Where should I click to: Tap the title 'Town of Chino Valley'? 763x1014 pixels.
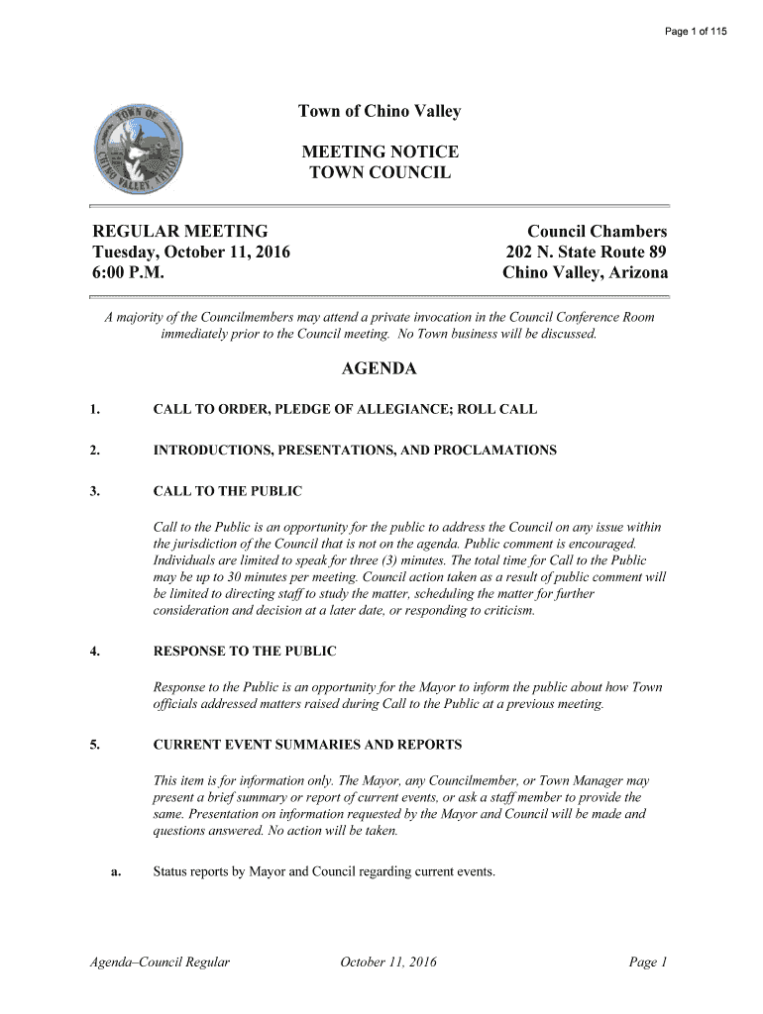(380, 112)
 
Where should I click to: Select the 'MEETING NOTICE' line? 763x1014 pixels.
(380, 152)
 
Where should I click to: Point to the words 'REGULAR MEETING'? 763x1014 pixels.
(179, 232)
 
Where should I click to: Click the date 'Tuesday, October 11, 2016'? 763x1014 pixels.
(191, 253)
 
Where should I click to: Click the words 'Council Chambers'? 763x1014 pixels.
(597, 232)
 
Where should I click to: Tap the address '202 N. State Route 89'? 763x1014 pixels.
(587, 253)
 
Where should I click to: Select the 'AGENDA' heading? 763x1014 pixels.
(380, 369)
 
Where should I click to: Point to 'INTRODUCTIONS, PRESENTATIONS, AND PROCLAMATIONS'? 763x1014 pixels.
(355, 451)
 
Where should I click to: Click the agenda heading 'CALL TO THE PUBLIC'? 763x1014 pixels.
(228, 491)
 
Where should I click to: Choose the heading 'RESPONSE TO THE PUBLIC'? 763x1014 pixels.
(245, 652)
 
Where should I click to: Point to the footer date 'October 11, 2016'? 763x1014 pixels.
(387, 962)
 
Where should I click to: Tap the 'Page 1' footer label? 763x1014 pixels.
(649, 962)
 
